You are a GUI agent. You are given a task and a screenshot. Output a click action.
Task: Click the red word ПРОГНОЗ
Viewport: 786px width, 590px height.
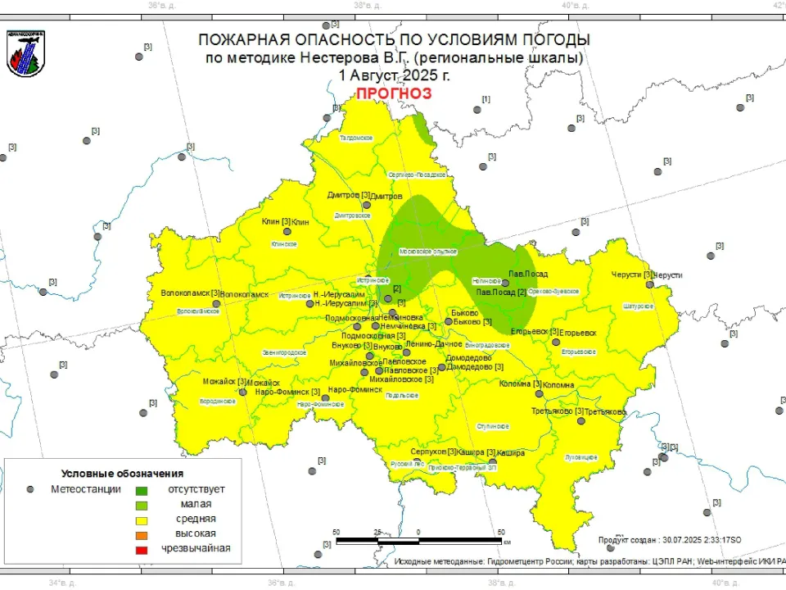tap(393, 93)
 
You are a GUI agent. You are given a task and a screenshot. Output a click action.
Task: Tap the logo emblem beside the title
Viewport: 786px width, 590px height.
tap(25, 55)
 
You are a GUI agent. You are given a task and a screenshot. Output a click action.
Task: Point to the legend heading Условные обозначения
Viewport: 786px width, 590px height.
tap(122, 474)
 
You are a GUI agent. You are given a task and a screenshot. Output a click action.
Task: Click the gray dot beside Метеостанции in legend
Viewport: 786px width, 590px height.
tap(30, 489)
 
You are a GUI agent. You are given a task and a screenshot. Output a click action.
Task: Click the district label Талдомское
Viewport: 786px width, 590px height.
tap(356, 138)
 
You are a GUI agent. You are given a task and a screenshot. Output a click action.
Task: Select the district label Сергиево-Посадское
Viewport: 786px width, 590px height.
tap(417, 175)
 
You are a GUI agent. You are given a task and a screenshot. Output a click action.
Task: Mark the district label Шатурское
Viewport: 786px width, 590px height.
tap(639, 306)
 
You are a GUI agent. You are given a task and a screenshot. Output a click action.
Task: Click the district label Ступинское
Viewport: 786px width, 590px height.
tap(494, 426)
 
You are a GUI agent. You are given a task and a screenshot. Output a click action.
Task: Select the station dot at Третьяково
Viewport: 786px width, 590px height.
tap(580, 421)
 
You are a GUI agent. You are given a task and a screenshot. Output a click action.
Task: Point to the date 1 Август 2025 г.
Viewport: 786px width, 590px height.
tap(393, 75)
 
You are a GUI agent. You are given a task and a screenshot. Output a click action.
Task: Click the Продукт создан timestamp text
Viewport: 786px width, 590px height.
tap(670, 540)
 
